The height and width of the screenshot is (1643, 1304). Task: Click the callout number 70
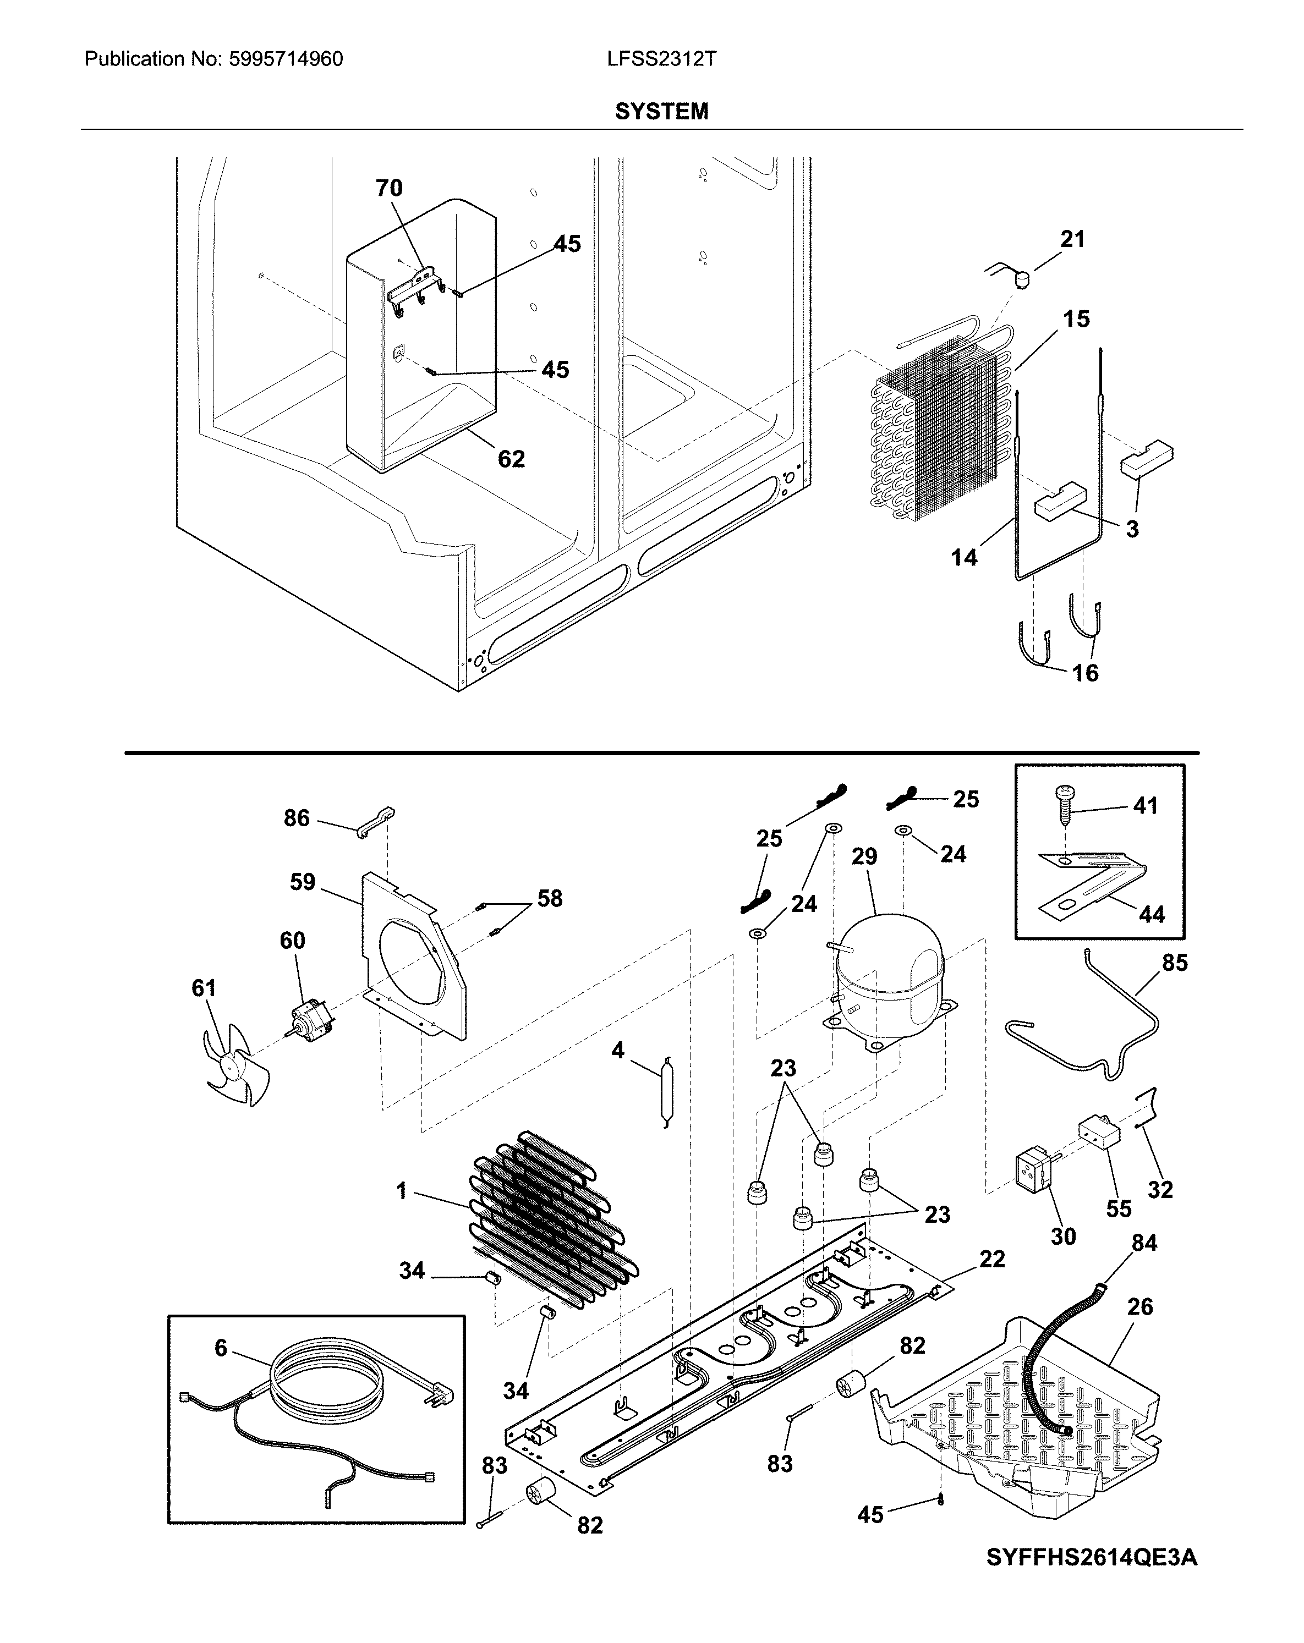[x=388, y=188]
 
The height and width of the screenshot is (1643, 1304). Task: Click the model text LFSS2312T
[x=661, y=59]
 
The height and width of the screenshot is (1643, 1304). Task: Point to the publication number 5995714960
[x=286, y=59]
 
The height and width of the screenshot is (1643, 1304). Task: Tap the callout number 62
[x=511, y=459]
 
